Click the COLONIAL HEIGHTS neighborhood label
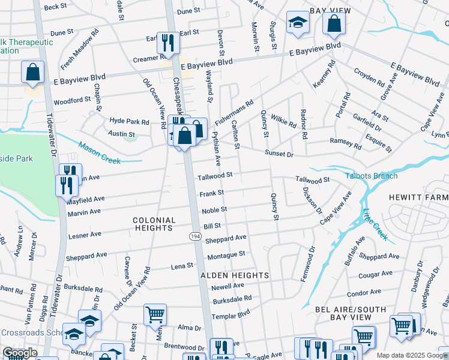pos(154,224)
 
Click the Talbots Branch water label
pos(371,176)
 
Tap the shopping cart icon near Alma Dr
pos(155,314)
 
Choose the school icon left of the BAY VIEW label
pos(297,23)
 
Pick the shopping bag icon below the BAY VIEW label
pos(334,24)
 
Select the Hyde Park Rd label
pos(128,121)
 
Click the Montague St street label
pos(226,255)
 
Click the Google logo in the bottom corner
pos(20,353)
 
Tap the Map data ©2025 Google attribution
pos(411,355)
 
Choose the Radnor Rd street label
pos(304,125)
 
